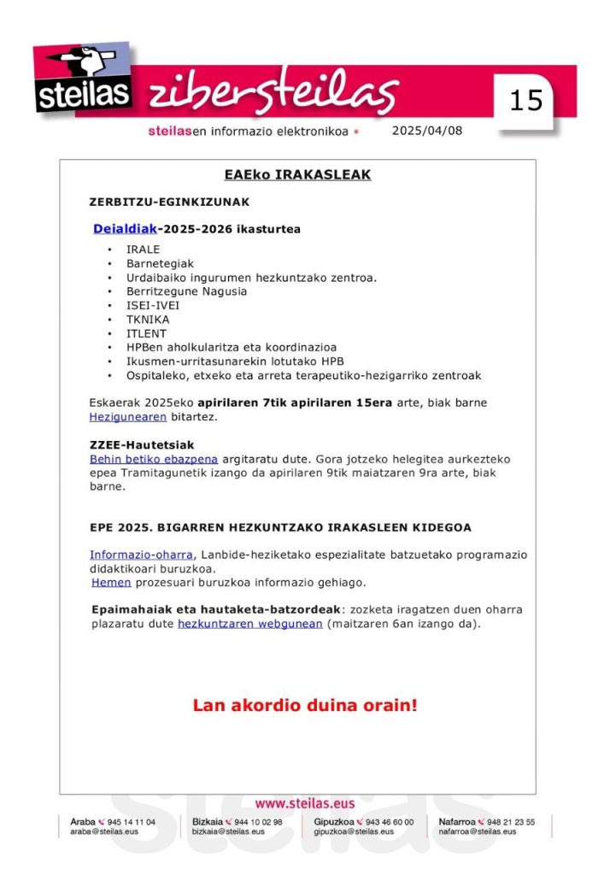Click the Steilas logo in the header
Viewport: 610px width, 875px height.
point(83,82)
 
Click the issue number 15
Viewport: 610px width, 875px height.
point(525,101)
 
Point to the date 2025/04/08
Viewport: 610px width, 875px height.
point(426,131)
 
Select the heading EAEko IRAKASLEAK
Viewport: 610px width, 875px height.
point(297,174)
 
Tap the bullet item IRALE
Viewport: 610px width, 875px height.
point(143,250)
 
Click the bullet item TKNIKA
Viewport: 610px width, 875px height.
point(148,320)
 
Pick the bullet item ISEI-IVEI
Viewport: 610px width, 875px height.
point(153,305)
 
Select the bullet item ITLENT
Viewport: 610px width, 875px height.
point(146,333)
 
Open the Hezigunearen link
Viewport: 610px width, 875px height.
point(127,417)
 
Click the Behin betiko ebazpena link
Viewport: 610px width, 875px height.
point(154,459)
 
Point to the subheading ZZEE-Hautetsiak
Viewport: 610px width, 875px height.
point(142,445)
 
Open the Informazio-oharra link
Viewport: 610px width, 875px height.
point(141,555)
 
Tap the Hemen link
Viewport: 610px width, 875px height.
point(111,583)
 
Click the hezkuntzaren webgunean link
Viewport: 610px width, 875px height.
point(249,624)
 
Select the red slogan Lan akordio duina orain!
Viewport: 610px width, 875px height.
point(305,706)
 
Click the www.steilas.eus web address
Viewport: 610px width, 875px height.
point(305,803)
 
